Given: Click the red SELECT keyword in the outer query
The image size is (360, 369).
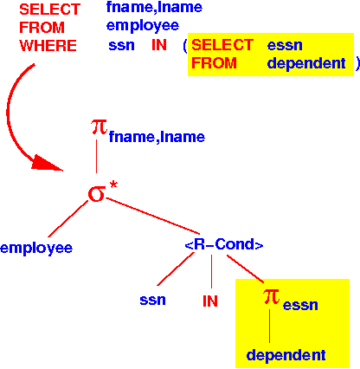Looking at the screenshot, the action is (49, 10).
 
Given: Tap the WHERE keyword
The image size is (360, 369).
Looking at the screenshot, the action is (48, 46).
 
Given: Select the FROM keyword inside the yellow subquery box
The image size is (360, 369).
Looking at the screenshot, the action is (214, 63).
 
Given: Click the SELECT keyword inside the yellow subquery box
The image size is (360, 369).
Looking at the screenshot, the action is (222, 45).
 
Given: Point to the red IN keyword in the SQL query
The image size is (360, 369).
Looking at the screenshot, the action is (159, 45).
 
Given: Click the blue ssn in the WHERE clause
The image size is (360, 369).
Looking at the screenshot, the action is (121, 46).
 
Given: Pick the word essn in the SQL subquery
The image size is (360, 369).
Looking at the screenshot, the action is (285, 46).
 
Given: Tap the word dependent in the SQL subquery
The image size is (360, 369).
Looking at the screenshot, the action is (306, 63).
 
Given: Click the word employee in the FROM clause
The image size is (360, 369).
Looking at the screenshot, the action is (143, 26).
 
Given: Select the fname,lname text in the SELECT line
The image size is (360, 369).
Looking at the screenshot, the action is (154, 7).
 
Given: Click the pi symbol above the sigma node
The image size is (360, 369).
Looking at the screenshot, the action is (99, 127).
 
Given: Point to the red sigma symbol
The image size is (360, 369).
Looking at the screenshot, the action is (97, 194).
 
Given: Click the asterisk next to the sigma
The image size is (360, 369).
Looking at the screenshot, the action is (113, 185).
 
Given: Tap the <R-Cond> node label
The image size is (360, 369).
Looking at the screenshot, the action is (224, 244).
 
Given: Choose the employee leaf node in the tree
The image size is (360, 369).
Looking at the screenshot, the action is (36, 249).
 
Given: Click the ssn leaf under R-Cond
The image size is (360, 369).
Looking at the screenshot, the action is (152, 301).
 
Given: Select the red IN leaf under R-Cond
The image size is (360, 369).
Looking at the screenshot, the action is (210, 301).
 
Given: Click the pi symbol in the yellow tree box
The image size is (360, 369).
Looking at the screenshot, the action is (271, 296).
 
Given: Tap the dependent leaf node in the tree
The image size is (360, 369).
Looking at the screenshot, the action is (286, 355).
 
